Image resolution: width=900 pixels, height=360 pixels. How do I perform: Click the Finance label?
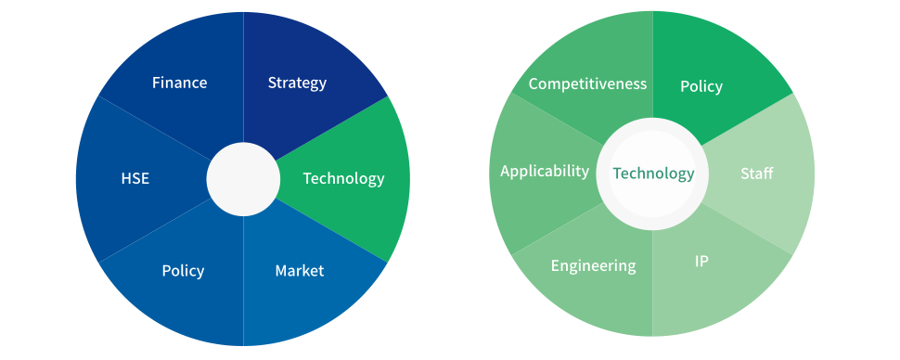click(179, 83)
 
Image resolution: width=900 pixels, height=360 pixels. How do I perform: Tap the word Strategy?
click(297, 83)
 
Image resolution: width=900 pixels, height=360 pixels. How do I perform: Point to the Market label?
click(300, 271)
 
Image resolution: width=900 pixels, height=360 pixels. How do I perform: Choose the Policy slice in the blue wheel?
click(183, 271)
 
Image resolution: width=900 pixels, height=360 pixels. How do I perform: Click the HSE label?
click(135, 178)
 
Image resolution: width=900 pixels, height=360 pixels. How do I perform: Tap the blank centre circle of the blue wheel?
click(243, 179)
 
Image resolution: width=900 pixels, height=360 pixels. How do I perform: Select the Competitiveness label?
click(587, 84)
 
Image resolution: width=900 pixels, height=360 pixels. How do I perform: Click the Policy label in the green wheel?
click(701, 86)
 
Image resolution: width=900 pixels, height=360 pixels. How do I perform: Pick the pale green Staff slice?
click(757, 174)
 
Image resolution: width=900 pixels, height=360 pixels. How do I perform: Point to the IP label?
click(701, 262)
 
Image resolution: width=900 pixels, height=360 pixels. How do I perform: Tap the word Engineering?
click(593, 266)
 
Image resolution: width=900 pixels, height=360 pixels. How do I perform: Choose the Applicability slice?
click(545, 171)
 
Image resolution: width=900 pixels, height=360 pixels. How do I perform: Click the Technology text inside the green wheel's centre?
click(653, 174)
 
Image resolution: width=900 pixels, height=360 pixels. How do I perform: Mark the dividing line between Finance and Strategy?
click(243, 74)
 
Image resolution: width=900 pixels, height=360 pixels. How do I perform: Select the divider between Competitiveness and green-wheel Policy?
click(653, 65)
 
